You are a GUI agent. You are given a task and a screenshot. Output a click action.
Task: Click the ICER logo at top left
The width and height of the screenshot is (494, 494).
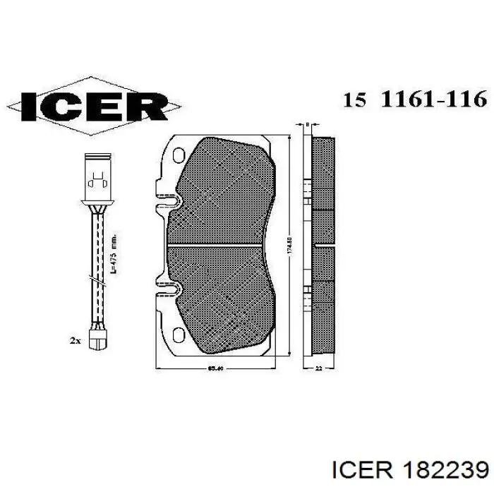[x=94, y=106]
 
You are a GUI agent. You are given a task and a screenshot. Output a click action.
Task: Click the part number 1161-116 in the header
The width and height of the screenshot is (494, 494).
[x=433, y=100]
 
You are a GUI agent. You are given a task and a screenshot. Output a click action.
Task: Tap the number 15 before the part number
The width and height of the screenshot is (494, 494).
[x=354, y=100]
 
